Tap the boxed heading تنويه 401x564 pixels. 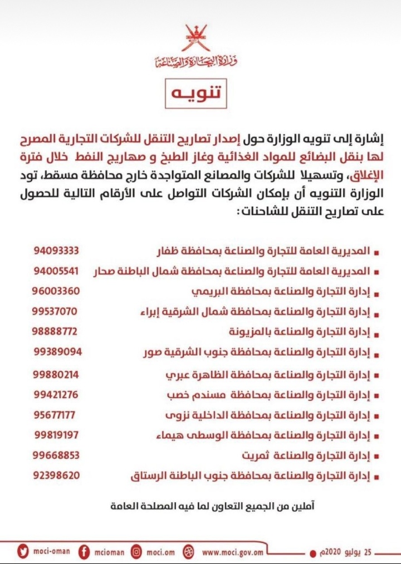(195, 94)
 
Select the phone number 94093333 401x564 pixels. (56, 251)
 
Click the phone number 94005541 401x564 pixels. (56, 271)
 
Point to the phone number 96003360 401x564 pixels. (56, 291)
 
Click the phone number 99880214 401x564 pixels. (56, 374)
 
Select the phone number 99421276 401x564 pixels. (55, 394)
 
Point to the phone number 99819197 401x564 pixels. (56, 435)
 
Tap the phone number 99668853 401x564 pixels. (56, 455)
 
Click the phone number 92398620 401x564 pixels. (56, 475)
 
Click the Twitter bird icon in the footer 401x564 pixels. (23, 552)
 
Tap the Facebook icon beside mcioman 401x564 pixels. (84, 552)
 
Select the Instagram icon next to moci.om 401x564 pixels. (136, 552)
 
